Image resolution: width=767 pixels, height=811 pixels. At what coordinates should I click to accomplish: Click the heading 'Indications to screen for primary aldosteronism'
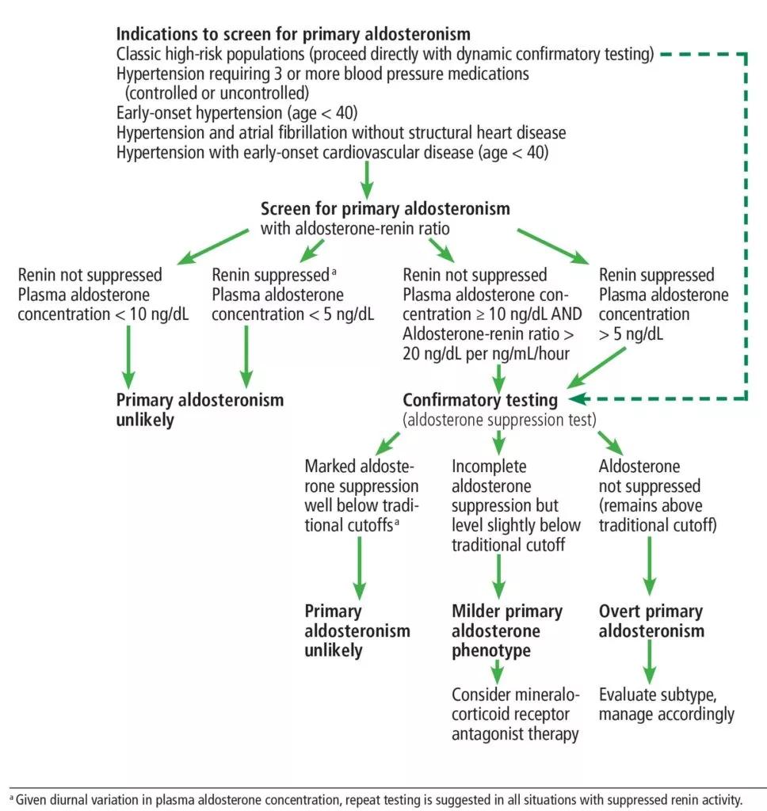click(293, 34)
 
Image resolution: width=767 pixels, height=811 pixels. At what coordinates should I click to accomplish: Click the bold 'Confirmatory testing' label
click(479, 400)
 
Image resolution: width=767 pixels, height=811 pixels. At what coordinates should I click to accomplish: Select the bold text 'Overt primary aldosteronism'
click(651, 621)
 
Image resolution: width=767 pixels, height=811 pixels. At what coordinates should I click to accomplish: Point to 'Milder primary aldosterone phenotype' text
click(506, 630)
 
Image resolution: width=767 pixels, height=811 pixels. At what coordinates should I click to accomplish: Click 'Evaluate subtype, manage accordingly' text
click(666, 704)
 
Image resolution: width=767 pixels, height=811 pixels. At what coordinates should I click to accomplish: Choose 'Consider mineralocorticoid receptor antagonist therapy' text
click(516, 714)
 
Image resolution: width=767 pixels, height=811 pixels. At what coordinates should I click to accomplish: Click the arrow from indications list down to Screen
click(366, 180)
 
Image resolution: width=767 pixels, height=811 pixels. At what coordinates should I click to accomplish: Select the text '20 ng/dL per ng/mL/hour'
click(486, 354)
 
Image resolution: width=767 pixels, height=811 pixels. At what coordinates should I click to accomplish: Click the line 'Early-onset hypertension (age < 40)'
click(236, 112)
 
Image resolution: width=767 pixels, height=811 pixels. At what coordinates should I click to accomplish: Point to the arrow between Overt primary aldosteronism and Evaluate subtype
click(650, 663)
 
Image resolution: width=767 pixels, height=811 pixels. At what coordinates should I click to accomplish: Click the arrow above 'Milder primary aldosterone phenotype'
click(498, 577)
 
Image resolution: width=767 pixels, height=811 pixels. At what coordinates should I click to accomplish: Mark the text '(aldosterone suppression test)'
click(499, 420)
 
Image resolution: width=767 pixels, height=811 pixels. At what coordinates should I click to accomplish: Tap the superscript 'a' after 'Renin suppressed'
click(334, 271)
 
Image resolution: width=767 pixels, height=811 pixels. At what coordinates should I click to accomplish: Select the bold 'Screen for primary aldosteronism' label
click(385, 209)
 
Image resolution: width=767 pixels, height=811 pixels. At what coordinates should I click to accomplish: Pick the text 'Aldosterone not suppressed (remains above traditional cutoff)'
click(658, 496)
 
